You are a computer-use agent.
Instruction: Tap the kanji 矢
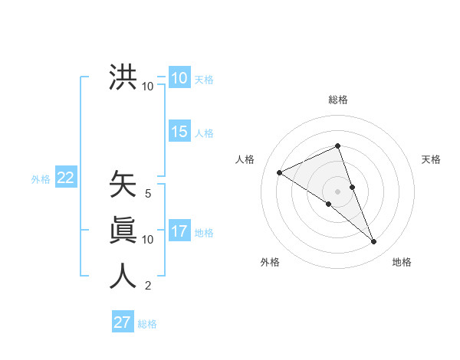point(123,185)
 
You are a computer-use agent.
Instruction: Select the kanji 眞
point(123,230)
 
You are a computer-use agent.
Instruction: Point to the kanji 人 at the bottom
point(123,276)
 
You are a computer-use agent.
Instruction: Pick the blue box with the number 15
point(179,132)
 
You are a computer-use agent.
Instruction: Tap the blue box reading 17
point(179,231)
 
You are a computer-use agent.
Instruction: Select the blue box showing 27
point(123,322)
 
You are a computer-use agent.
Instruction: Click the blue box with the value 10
point(179,78)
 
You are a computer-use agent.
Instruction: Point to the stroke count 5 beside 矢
point(148,194)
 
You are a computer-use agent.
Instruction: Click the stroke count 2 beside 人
point(148,286)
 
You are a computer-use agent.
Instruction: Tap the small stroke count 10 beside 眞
point(148,240)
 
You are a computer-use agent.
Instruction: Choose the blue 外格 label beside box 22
point(41,179)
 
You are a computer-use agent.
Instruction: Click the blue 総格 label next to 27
point(147,324)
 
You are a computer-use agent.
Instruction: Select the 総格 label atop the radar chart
point(337,100)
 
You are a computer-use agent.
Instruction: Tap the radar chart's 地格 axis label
point(402,262)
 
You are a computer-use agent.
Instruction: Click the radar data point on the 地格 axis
point(374,242)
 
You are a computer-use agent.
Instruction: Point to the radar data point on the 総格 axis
point(337,146)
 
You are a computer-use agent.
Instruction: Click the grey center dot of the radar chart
point(337,190)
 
